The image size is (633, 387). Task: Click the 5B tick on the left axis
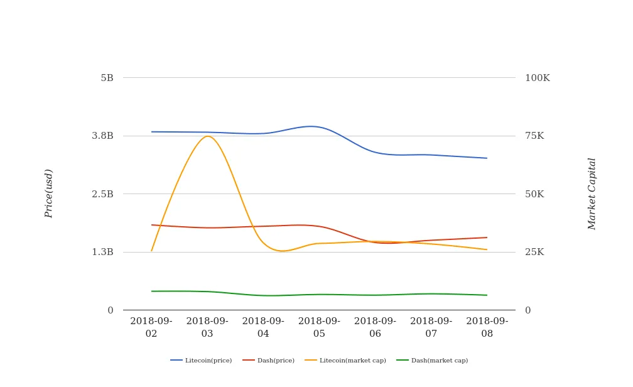107,78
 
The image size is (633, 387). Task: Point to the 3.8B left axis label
102,136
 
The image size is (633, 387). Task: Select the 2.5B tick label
102,194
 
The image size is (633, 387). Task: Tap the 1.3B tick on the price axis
102,252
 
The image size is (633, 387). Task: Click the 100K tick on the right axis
538,78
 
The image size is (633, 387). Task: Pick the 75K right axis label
534,136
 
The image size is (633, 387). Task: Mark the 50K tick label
534,194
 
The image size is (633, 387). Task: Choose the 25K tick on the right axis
534,252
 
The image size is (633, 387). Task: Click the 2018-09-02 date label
151,327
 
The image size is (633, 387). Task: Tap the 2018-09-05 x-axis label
319,327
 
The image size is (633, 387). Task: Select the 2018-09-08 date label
487,327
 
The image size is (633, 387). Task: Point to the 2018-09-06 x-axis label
375,327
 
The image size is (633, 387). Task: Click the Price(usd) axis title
49,193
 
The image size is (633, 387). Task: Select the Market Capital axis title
592,193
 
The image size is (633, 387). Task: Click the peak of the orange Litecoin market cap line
208,136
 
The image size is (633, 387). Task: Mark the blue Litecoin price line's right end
487,158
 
